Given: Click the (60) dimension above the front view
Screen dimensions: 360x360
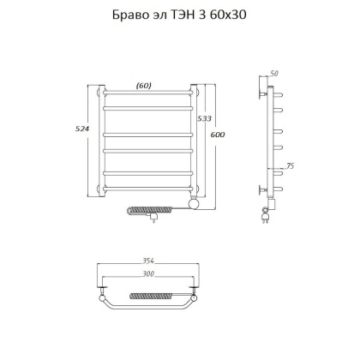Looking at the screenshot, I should [x=144, y=84].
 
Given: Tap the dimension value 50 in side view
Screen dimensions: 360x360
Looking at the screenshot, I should [x=274, y=75].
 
